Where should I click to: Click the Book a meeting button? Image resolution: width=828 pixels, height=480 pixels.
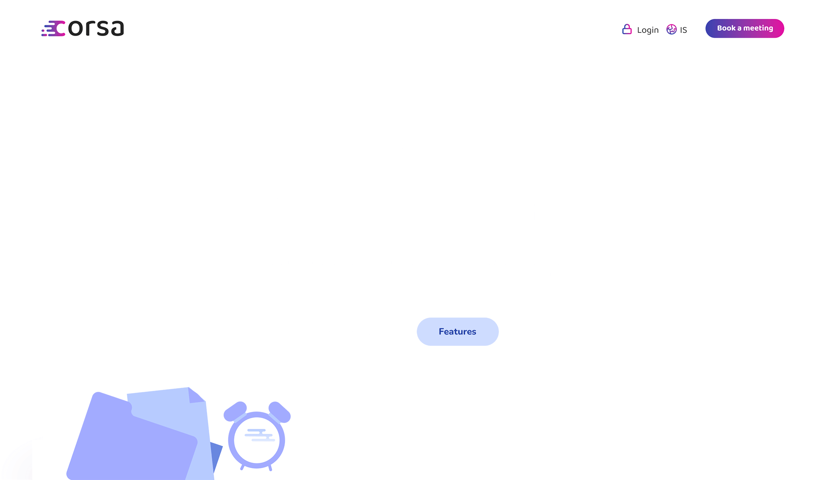click(744, 28)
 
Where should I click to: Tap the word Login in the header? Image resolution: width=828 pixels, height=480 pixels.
click(648, 30)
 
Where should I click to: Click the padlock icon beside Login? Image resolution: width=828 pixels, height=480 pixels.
click(627, 29)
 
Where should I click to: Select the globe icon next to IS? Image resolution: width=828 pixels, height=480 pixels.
click(671, 29)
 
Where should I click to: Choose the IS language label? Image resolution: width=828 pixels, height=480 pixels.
click(684, 30)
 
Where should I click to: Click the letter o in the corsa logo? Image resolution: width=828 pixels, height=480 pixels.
click(75, 29)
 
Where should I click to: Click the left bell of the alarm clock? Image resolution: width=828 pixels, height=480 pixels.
click(235, 411)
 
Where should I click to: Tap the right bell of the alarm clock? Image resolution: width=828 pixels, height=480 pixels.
click(280, 412)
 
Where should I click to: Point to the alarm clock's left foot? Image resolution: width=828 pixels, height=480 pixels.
click(242, 467)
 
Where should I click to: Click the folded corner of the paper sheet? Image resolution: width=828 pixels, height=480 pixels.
click(195, 395)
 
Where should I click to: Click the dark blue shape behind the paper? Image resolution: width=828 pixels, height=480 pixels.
click(216, 456)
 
